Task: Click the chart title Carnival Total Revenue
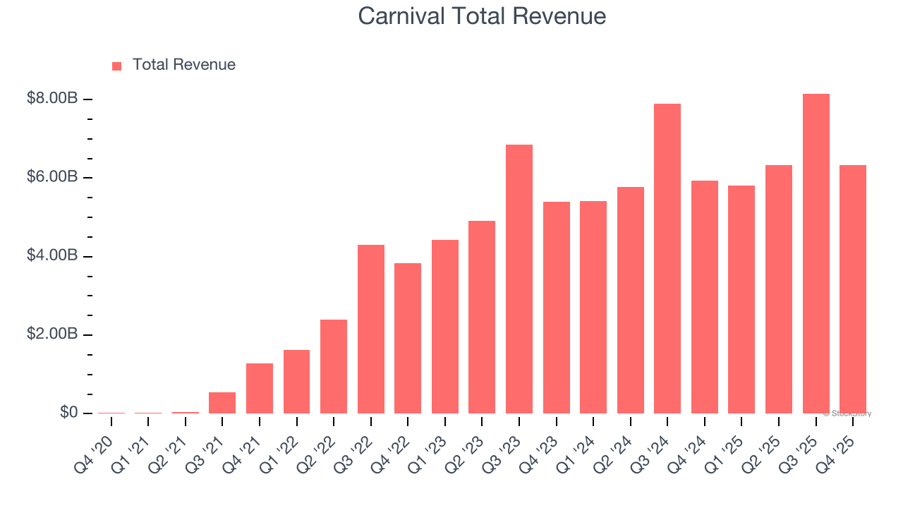coord(482,16)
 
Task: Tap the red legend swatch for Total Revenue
coord(117,66)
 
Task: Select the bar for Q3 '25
coord(816,253)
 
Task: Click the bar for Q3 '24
coord(667,258)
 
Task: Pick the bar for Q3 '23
coord(519,279)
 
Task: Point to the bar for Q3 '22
coord(370,329)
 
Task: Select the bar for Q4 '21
coord(259,388)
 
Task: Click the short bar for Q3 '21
coord(222,402)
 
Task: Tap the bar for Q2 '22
coord(333,366)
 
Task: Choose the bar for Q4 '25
coord(852,289)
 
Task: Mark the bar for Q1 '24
coord(593,307)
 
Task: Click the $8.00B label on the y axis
coord(51,99)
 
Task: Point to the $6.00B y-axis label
coord(51,177)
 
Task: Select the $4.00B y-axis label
coord(51,255)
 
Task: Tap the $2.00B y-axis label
coord(51,334)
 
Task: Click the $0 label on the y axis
coord(68,413)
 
